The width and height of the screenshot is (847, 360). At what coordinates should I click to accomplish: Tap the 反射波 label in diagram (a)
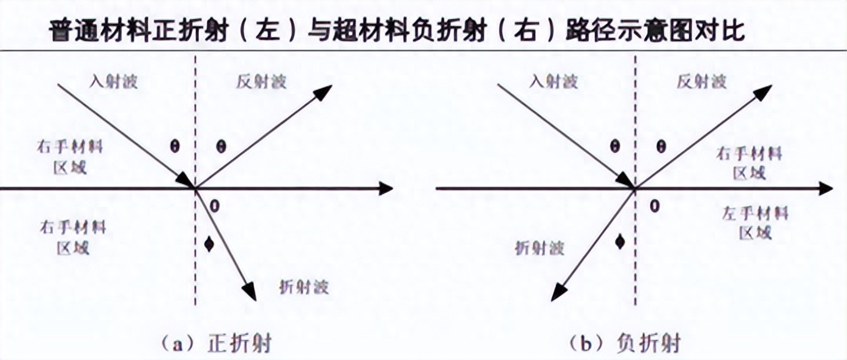pos(261,81)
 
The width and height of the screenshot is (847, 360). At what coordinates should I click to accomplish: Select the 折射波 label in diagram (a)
pos(304,287)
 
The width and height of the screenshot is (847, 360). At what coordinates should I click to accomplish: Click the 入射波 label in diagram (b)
pos(553,81)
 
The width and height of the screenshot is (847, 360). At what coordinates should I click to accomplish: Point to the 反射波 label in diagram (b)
pos(702,81)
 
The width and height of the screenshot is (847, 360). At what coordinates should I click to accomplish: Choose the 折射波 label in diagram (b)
pos(539,247)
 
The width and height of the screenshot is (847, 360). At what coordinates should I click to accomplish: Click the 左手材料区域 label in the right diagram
pos(755,222)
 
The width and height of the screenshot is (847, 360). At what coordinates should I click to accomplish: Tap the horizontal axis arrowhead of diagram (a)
pos(386,189)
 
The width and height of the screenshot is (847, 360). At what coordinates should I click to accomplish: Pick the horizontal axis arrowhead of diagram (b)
pos(826,189)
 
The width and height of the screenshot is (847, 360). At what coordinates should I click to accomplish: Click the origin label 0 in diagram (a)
pos(214,206)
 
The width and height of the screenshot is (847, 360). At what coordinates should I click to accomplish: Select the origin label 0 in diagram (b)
pos(654,206)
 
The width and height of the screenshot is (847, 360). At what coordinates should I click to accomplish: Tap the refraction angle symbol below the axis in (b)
pos(621,242)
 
